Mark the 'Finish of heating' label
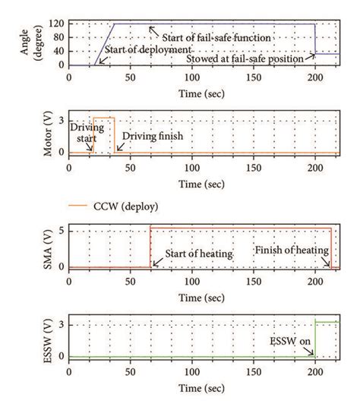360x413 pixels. [x=291, y=250]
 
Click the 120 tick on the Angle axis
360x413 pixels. [x=58, y=24]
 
